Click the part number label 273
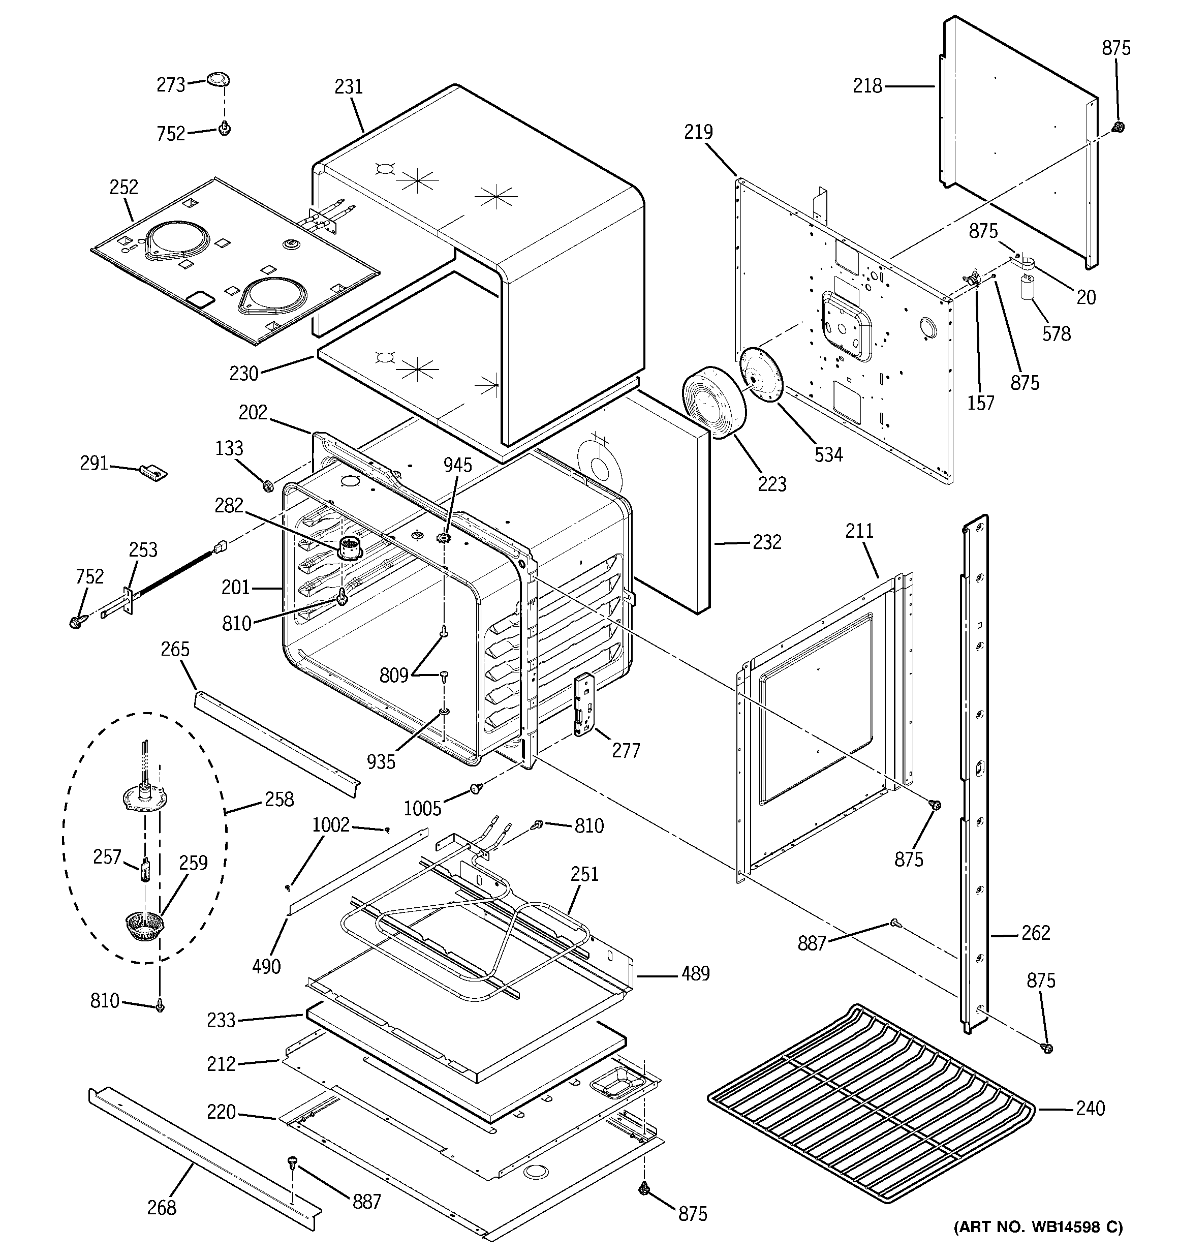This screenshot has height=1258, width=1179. pos(171,85)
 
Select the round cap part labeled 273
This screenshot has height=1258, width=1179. pos(218,80)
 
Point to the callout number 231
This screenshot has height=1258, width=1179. pos(349,87)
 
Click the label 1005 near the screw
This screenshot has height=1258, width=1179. pos(422,809)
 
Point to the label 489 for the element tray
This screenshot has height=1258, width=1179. pos(696,973)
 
